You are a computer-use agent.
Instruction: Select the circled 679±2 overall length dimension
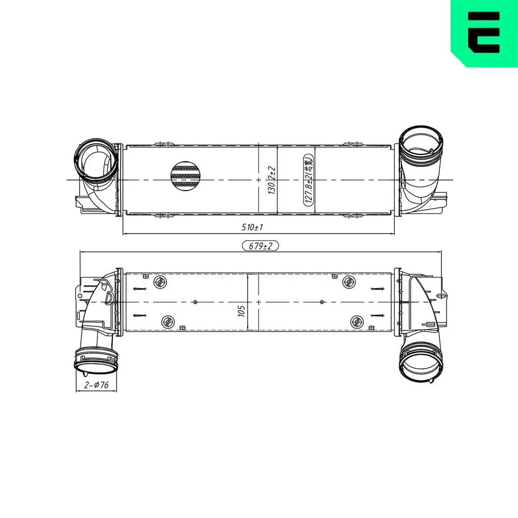(x=260, y=247)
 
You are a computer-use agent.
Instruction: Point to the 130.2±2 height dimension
(x=270, y=179)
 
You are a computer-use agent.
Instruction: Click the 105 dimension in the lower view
(x=241, y=311)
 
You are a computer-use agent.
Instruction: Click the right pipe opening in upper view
(x=422, y=146)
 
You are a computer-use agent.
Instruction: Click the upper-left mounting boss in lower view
(x=160, y=282)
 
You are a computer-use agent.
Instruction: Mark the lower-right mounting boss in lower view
(x=356, y=321)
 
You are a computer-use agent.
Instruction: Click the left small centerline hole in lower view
(x=195, y=301)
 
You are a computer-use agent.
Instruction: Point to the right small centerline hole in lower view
(x=322, y=301)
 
